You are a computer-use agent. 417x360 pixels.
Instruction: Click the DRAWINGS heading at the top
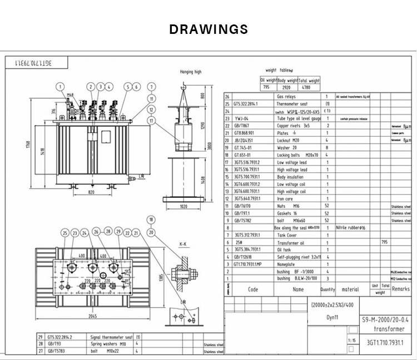[x=209, y=29]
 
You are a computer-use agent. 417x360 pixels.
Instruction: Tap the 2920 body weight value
[x=288, y=87]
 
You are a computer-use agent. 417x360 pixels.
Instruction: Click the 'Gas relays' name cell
[x=286, y=97]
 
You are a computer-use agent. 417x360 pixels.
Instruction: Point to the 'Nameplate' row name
[x=288, y=264]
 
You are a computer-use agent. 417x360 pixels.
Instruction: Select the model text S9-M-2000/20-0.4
[x=384, y=321]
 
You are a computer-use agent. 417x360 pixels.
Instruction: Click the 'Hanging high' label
[x=191, y=72]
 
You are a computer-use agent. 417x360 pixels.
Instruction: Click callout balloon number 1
[x=59, y=86]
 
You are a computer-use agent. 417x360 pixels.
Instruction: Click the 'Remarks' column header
[x=400, y=289]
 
